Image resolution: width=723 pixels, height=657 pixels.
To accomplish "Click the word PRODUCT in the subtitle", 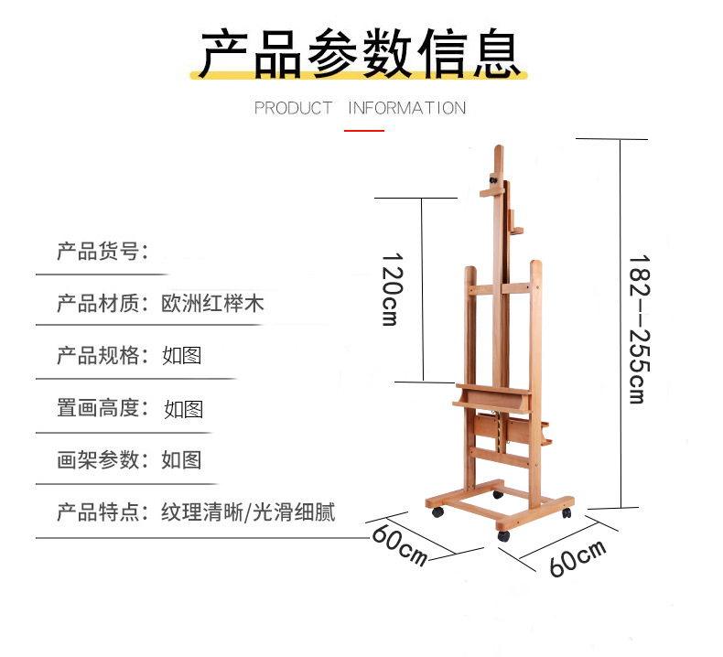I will pos(293,108).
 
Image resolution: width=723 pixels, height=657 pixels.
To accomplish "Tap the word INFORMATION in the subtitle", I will pos(407,108).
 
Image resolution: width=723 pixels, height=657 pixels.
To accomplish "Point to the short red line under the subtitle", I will pos(364,131).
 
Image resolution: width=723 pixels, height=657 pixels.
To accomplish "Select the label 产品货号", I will pos(97,251).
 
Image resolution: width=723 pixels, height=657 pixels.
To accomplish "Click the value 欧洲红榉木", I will pos(213,303).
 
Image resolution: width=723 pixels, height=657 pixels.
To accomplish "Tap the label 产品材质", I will pos(97,303).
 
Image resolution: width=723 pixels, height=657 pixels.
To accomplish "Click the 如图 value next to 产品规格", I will pos(181,355).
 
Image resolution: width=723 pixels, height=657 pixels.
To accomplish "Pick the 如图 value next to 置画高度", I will pos(183,408).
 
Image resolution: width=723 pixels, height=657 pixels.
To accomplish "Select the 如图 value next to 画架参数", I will pos(181,459).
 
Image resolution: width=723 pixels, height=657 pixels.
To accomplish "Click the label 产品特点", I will pos(97,512).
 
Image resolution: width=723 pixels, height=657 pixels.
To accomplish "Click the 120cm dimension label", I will pos(392,289).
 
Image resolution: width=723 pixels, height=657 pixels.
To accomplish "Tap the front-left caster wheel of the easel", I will pos(437,514).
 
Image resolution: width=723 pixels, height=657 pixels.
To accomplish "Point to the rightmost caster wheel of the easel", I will pos(567,513).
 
